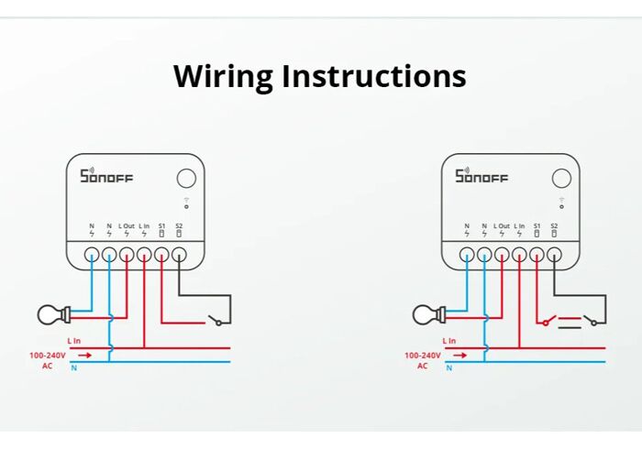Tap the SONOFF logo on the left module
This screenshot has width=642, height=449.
point(106,176)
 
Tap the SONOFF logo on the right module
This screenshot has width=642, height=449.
point(481,176)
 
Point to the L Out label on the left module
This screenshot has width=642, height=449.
point(127,225)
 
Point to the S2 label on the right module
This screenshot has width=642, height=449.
point(554,225)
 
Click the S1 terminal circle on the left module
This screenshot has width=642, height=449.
point(161,255)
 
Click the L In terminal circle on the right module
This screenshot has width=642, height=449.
point(519,255)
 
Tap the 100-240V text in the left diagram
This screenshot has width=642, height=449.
point(47,354)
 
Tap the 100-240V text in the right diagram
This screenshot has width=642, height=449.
point(423,354)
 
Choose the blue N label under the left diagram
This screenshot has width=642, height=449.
point(74,367)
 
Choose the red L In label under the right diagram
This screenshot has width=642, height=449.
point(449,341)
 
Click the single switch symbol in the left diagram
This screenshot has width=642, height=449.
point(218,320)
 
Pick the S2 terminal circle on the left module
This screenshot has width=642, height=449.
point(179,255)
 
